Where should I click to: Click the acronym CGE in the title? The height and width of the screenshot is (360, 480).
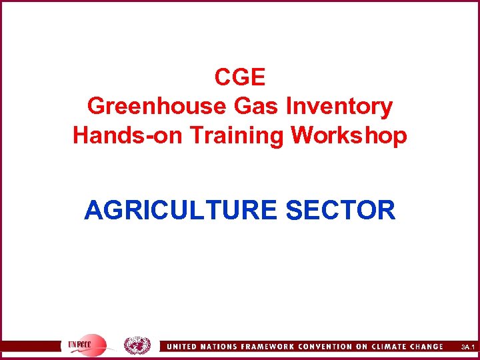tap(240, 78)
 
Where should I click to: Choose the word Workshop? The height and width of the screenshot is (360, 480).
tap(349, 135)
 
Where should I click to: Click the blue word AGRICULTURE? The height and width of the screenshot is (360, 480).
tap(180, 211)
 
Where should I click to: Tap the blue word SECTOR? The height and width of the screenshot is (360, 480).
tap(340, 211)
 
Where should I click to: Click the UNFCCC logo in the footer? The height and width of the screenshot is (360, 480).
tap(85, 345)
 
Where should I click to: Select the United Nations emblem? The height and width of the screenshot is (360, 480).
tap(137, 345)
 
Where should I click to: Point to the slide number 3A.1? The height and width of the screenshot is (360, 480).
tap(467, 347)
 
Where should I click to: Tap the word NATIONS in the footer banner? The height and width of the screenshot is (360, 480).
tap(221, 347)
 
